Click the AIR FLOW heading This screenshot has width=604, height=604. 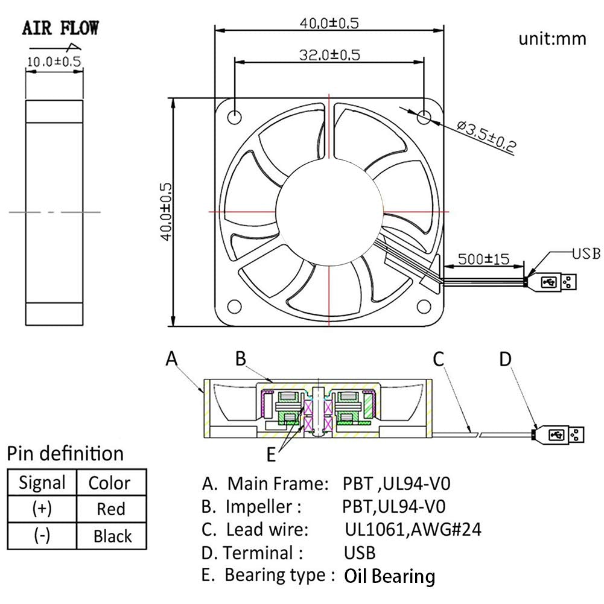pos(60,28)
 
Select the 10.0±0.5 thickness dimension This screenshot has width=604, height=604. pos(54,60)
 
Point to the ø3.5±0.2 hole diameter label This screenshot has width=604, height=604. pos(486,136)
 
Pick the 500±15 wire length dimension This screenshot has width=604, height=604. pos(483,259)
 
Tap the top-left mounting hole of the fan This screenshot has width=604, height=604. pos(234,115)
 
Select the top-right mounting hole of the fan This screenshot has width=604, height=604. pos(425,115)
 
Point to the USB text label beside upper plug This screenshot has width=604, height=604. pos(586,253)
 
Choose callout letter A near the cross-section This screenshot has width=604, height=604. pos(172,359)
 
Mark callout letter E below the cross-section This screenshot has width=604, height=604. pos(271,455)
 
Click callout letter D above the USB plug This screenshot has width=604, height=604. pos(505,359)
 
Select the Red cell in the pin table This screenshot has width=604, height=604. pos(111,509)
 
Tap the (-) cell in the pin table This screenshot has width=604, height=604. pos(42,535)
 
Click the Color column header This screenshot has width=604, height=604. pos(109,483)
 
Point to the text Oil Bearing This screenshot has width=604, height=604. pos(389,576)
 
